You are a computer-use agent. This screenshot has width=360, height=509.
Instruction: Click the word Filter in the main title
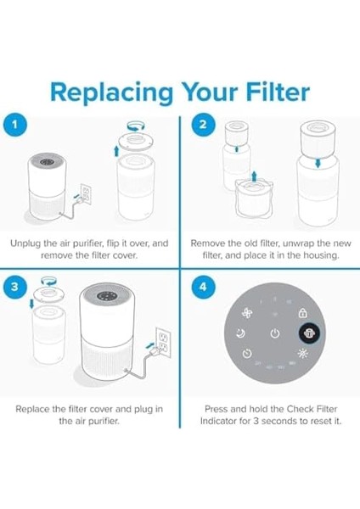tap(278, 92)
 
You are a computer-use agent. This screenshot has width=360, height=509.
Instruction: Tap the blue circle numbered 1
tap(14, 125)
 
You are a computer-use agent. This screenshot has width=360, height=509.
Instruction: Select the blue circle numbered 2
tap(203, 125)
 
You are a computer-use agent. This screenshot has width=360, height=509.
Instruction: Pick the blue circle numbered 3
tap(14, 287)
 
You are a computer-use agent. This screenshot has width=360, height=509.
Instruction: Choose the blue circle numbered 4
tap(203, 287)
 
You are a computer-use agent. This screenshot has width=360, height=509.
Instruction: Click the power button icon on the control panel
tap(275, 333)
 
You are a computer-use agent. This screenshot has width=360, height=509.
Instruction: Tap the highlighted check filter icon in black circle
tap(309, 333)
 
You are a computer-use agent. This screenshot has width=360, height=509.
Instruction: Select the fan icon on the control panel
tap(247, 314)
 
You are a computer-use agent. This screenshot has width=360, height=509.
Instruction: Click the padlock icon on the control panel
tap(302, 313)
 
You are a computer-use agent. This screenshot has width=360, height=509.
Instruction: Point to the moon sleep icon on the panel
tap(240, 333)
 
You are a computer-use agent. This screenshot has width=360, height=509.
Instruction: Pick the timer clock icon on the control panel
tap(247, 353)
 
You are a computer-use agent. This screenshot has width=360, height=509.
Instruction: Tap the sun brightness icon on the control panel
tap(302, 353)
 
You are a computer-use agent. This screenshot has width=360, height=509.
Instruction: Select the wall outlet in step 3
tap(163, 342)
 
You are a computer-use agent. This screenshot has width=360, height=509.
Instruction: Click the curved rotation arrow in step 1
tap(136, 126)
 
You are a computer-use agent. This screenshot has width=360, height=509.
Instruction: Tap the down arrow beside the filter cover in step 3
tap(31, 304)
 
